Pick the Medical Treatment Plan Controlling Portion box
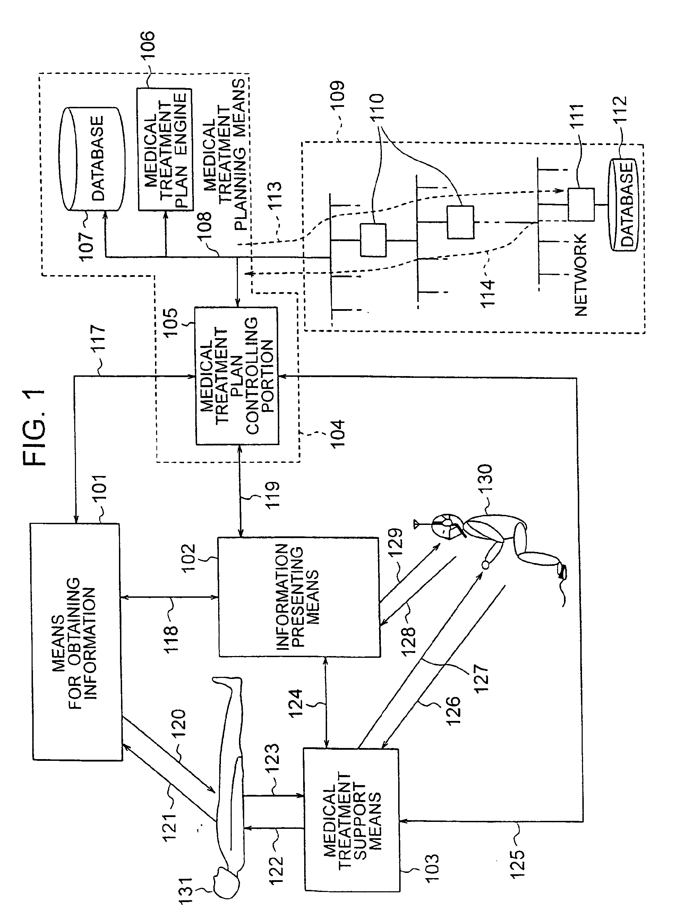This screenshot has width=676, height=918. coord(237,376)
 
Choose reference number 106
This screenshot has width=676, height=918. coord(147,47)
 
